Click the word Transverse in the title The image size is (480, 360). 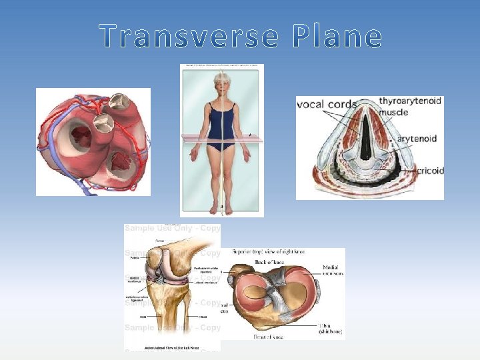click(x=189, y=37)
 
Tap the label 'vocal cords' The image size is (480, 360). click(x=327, y=104)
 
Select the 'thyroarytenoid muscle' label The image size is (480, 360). click(x=409, y=107)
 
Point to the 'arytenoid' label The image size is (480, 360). click(x=417, y=139)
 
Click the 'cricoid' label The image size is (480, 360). click(x=430, y=171)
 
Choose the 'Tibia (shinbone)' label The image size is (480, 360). click(x=329, y=327)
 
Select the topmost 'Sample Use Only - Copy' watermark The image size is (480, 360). click(x=172, y=228)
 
